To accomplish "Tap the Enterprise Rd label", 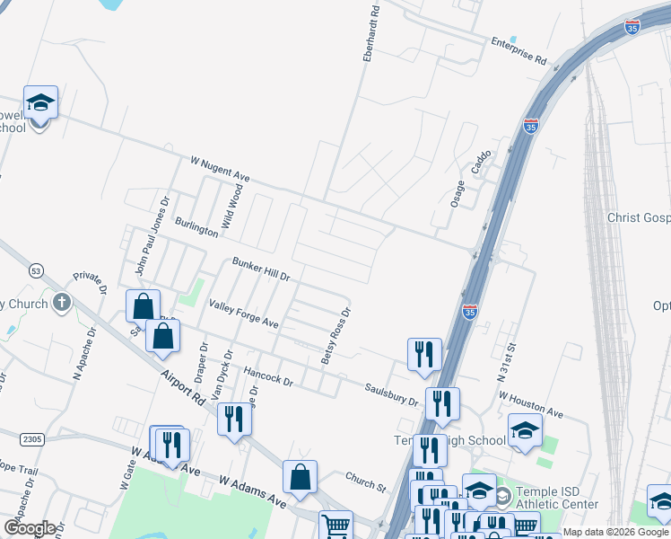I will click(x=518, y=50).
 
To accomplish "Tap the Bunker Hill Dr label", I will click(x=261, y=269).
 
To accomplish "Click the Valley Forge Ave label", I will click(x=243, y=314).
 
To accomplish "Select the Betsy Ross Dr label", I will click(x=336, y=337).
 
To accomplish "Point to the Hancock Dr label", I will click(x=268, y=375).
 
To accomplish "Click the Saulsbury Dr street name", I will click(x=391, y=394).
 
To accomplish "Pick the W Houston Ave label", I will click(x=530, y=404).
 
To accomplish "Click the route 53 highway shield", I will click(x=36, y=269).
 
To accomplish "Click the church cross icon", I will click(x=61, y=303).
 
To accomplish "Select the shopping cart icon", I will click(x=335, y=524).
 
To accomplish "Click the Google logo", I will click(x=30, y=528).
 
